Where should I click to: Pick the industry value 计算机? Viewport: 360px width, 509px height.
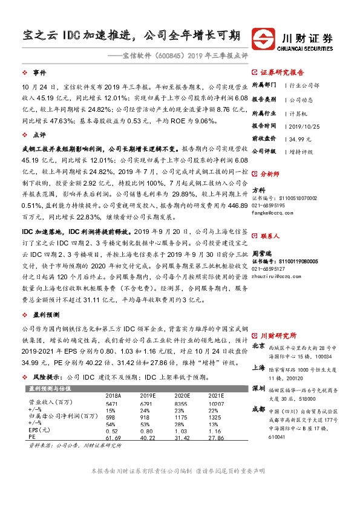click(x=296, y=113)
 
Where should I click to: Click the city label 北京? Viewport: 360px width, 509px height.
click(x=258, y=346)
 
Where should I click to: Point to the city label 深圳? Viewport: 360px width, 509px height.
click(x=258, y=387)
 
